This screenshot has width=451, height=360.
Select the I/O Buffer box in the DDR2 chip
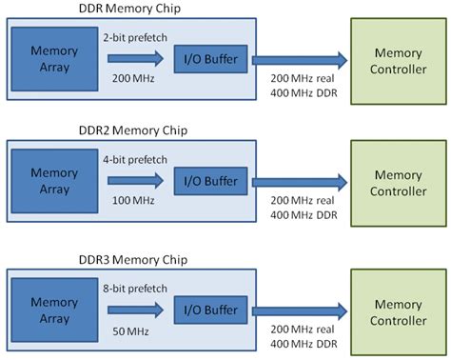[x=209, y=181]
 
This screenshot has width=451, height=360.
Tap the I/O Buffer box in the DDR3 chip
[x=209, y=308]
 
